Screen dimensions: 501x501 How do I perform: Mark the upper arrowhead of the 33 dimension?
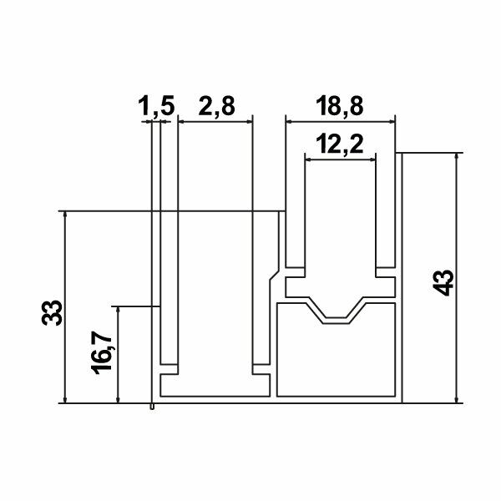[64, 215]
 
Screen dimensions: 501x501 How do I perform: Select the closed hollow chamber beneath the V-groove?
[334, 359]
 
